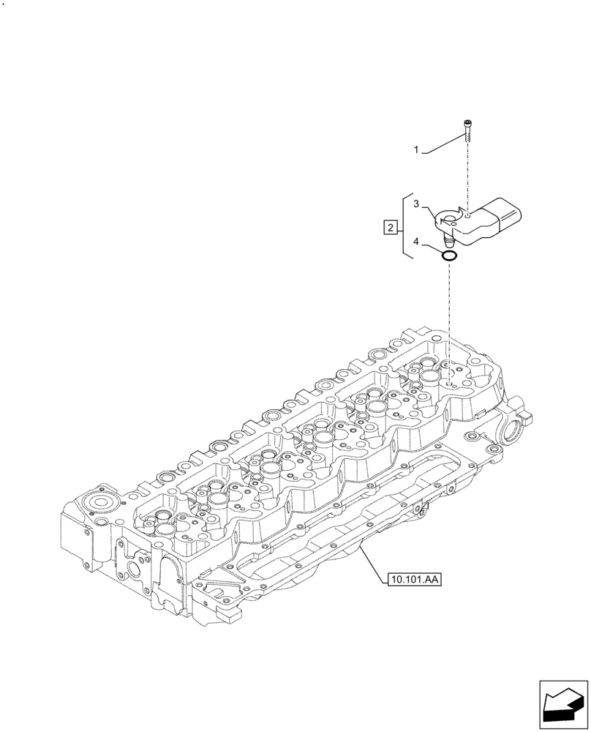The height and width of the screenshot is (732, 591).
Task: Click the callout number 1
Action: coord(416,150)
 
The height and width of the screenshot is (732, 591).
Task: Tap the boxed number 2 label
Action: coord(391,228)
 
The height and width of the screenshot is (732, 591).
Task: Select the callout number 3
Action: coord(416,204)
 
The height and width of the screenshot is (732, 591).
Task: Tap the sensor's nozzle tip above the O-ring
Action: coord(446,239)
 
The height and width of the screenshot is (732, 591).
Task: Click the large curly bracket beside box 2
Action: coord(404,228)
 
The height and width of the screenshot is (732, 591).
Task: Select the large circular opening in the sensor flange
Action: coord(448,217)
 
